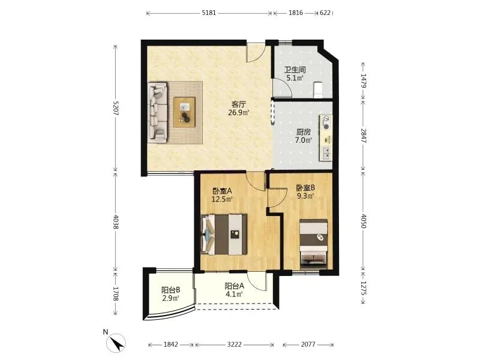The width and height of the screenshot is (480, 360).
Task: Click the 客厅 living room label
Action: [x=239, y=104]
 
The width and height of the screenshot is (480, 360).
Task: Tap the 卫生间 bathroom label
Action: [x=295, y=70]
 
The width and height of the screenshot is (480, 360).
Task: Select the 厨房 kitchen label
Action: [x=304, y=132]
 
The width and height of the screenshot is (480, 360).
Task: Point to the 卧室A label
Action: [x=222, y=191]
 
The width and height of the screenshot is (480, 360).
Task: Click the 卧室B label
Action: [x=305, y=188]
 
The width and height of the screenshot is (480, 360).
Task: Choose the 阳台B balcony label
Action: [x=170, y=290]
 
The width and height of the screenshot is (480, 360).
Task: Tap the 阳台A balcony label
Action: [x=234, y=286]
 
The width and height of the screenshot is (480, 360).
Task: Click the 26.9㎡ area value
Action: [x=239, y=113]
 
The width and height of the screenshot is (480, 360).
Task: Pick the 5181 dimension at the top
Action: [x=209, y=13]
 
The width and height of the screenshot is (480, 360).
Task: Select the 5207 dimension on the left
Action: [x=116, y=108]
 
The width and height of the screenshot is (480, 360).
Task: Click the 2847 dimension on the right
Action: [x=364, y=136]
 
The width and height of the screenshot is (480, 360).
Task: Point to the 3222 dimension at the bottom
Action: [x=234, y=344]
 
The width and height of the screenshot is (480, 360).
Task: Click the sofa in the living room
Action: [x=158, y=112]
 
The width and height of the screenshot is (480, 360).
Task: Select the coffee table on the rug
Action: [x=185, y=112]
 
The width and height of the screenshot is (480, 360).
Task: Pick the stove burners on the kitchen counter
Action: [x=326, y=122]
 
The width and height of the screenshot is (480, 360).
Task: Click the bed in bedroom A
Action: [x=224, y=235]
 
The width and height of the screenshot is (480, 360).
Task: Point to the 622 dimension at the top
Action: [x=325, y=13]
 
